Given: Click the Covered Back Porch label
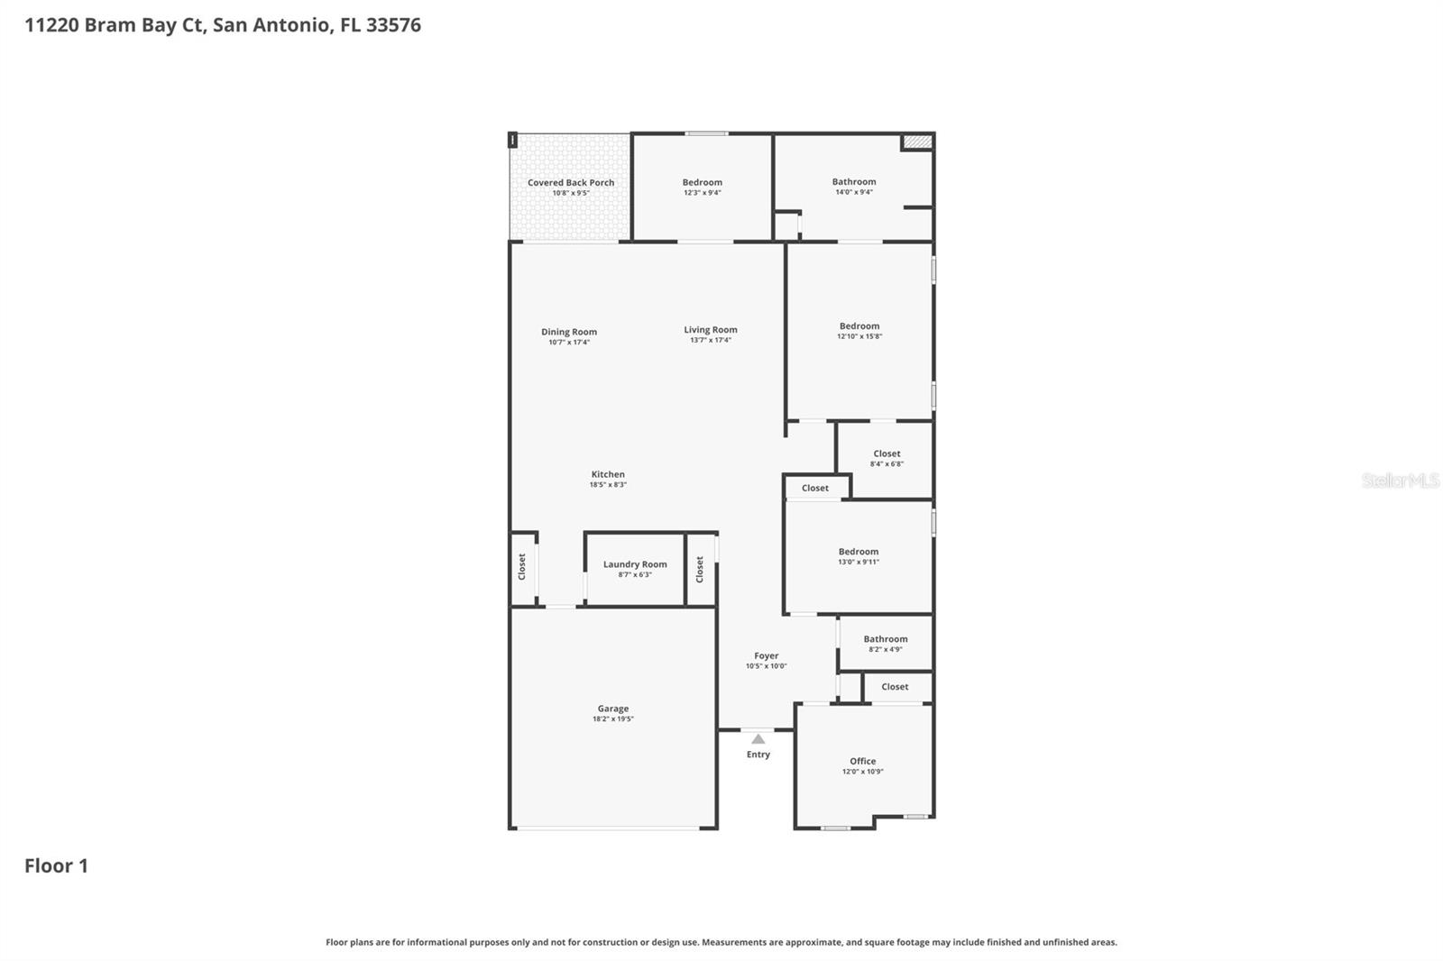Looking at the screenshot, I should tap(571, 183).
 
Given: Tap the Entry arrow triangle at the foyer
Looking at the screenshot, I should tap(758, 739).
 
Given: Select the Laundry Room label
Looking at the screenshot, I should tap(635, 564).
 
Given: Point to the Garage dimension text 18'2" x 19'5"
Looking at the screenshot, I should tap(613, 719).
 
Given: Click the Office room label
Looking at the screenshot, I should tap(862, 761).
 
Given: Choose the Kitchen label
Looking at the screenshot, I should tap(608, 474).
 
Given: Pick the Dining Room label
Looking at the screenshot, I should tap(569, 332).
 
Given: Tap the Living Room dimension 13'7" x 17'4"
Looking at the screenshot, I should tap(711, 341).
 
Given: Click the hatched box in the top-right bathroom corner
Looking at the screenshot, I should tap(917, 142).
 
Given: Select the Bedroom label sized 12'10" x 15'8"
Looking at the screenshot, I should tap(859, 326).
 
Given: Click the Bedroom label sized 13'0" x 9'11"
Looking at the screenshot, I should tap(859, 552).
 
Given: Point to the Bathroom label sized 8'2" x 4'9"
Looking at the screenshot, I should tap(886, 639).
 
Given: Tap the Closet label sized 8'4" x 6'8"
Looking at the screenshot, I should tap(887, 453).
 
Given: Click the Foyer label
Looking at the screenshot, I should tap(767, 656).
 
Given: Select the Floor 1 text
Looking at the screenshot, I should tap(56, 866).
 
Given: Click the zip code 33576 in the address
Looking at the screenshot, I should tap(393, 25).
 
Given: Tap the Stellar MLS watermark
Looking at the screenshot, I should tap(1400, 480).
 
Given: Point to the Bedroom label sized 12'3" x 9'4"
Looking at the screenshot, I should tap(702, 183).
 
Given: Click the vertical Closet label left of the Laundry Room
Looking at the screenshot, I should tap(521, 566).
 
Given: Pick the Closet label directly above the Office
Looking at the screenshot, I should tap(895, 687).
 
